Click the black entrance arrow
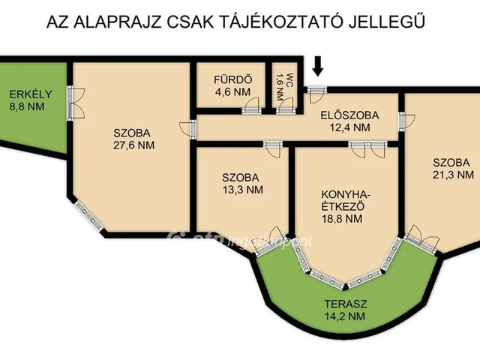[x=318, y=66]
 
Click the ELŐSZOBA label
[x=349, y=115]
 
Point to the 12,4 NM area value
[x=350, y=127]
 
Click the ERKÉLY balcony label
[x=30, y=94]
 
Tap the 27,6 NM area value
[x=129, y=145]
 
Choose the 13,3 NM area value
[x=243, y=190]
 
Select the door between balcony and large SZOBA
[x=73, y=103]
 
